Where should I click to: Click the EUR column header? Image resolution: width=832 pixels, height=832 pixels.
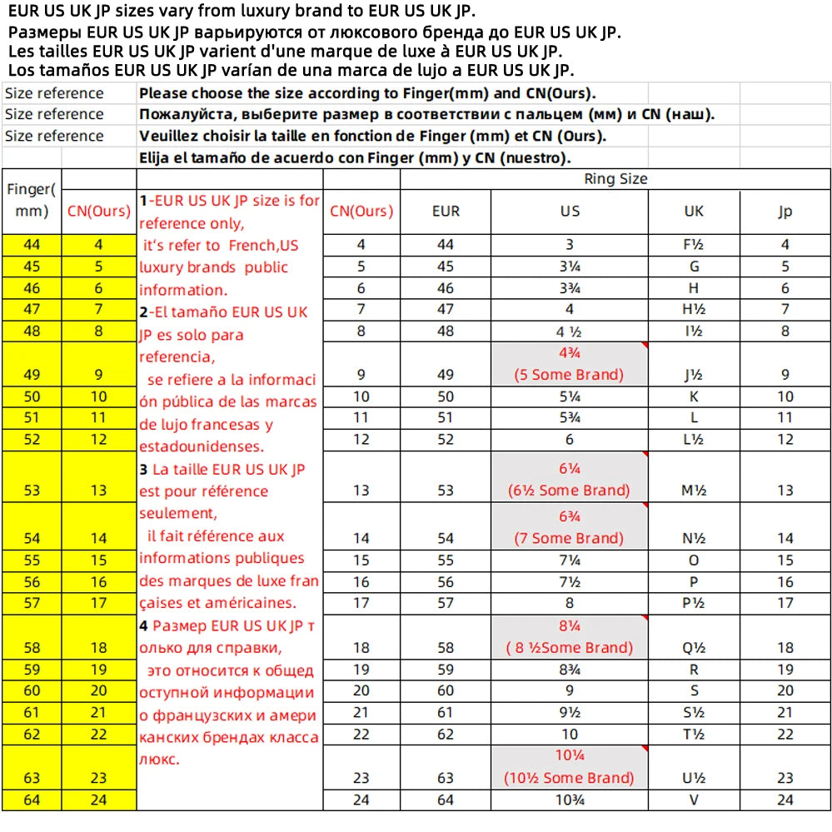(x=446, y=211)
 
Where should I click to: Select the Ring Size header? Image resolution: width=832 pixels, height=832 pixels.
(x=615, y=178)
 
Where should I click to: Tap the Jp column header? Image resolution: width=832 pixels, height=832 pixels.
(x=785, y=211)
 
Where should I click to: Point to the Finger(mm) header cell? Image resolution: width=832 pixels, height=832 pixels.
(x=32, y=200)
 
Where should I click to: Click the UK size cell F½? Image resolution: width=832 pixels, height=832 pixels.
(x=694, y=245)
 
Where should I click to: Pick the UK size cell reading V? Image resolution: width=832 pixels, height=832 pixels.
(x=694, y=800)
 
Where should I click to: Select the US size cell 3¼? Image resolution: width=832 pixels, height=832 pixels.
(x=570, y=267)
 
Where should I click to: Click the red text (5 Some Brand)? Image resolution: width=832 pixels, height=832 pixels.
(x=570, y=375)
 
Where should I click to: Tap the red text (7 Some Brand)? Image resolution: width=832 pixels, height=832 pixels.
(x=570, y=538)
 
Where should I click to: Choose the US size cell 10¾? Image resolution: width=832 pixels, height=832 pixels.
(x=570, y=800)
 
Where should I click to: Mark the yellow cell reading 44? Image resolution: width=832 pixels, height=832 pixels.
(x=32, y=245)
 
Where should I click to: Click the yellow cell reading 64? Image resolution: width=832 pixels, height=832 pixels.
(x=32, y=800)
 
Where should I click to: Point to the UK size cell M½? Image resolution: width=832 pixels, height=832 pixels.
(x=694, y=491)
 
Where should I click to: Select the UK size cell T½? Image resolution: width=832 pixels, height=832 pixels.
(x=694, y=734)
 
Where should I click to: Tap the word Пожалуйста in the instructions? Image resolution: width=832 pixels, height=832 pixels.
(x=182, y=114)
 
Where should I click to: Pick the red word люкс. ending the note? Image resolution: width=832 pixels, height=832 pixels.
(x=160, y=759)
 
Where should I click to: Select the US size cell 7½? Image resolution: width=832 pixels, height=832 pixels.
(x=570, y=582)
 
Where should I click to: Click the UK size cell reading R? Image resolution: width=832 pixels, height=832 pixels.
(x=694, y=669)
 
